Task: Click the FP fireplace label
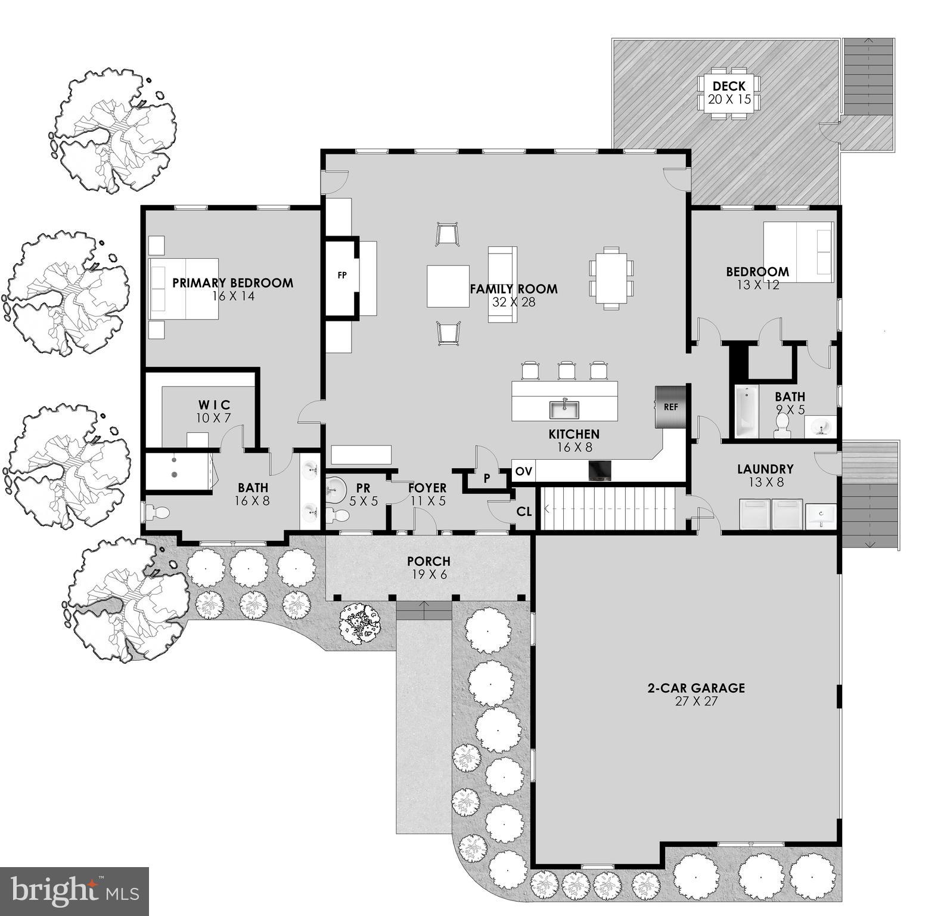[342, 276]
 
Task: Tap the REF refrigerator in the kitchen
[670, 407]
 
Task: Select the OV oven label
[523, 472]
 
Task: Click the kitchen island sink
[564, 410]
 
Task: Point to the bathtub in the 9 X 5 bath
[746, 411]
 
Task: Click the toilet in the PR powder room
[340, 515]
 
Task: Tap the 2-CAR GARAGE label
[696, 694]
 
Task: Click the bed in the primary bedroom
[184, 289]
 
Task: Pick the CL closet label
[524, 512]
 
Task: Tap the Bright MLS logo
[74, 891]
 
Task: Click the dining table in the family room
[611, 278]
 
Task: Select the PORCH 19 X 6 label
[428, 568]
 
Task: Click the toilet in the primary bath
[157, 512]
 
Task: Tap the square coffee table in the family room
[448, 286]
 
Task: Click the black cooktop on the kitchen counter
[600, 471]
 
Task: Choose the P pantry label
[487, 478]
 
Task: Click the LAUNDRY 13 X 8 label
[765, 475]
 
